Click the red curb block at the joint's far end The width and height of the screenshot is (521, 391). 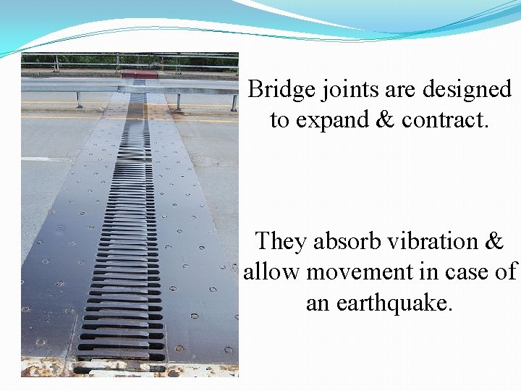pos(140,74)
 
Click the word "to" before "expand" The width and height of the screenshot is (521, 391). pos(280,120)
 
